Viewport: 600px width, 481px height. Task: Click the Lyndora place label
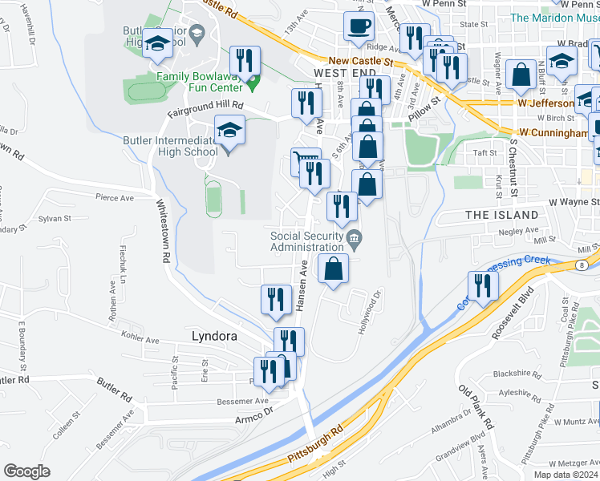(x=214, y=337)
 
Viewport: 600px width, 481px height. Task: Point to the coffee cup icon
(x=359, y=25)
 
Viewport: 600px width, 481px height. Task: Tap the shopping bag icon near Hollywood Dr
(x=333, y=269)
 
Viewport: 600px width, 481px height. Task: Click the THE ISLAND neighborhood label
(x=502, y=215)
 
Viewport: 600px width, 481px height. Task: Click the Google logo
(x=26, y=471)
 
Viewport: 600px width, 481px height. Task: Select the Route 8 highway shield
(x=580, y=264)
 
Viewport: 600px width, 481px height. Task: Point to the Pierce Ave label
(x=114, y=197)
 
